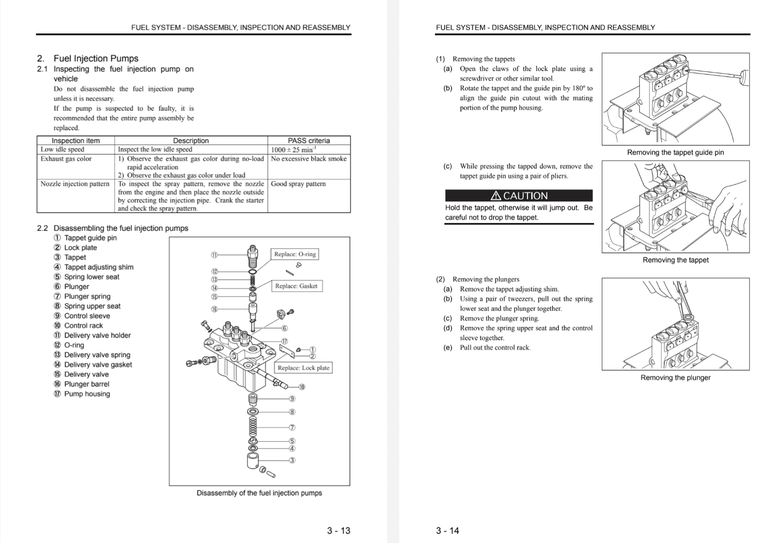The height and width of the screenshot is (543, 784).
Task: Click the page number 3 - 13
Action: tap(338, 530)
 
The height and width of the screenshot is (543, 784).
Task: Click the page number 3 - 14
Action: tap(447, 530)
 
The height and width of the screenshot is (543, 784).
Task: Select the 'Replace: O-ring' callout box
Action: tap(295, 254)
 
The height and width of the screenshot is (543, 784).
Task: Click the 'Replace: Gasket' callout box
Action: tap(296, 286)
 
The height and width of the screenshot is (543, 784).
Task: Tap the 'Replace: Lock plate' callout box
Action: tap(303, 368)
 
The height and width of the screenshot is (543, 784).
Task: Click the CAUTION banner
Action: tap(518, 195)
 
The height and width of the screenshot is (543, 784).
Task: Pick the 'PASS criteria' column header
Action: tap(308, 140)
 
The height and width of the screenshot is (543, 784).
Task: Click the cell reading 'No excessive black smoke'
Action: tap(308, 159)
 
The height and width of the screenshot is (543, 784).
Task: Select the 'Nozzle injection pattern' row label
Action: tap(75, 184)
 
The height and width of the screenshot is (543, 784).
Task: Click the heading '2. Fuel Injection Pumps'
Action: tap(88, 58)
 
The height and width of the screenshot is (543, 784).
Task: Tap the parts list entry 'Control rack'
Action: tap(84, 325)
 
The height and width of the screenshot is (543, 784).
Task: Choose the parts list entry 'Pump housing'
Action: tap(87, 394)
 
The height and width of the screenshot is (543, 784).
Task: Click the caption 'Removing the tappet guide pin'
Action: tap(675, 153)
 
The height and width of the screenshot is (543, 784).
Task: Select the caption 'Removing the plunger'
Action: tap(675, 377)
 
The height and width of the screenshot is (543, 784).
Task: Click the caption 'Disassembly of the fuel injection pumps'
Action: tap(259, 493)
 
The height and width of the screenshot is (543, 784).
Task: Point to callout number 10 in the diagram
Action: tap(302, 387)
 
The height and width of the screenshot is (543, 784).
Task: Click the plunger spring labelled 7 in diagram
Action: tap(252, 426)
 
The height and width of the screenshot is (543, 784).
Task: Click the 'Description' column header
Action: tap(191, 140)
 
